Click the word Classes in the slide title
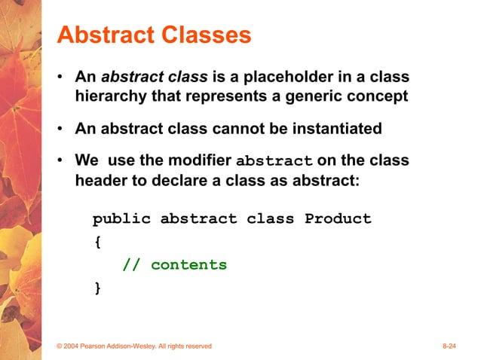204,35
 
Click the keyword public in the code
121,219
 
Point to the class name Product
338,219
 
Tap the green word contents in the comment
188,265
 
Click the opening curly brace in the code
97,243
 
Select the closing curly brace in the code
97,288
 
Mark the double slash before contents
131,265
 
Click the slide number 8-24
450,346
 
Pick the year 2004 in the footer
74,346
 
